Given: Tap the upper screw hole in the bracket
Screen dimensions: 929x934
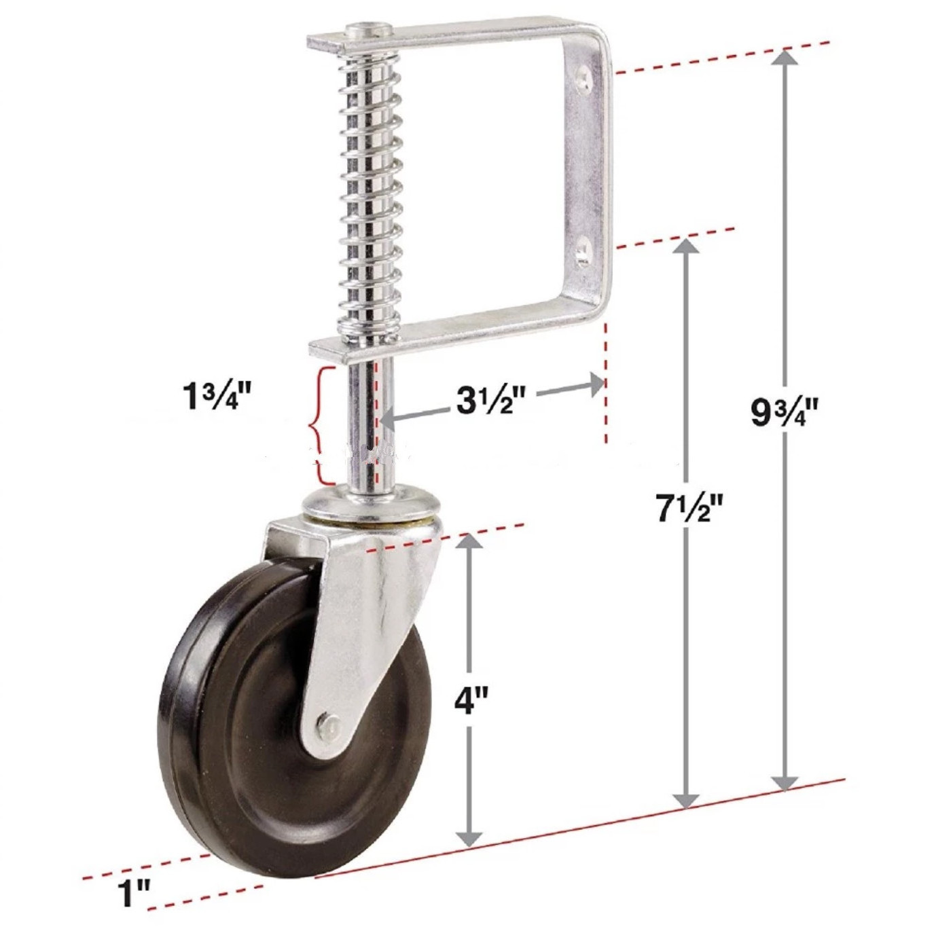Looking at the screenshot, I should pos(583,78).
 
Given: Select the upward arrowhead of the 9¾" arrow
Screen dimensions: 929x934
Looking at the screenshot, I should pos(786,58).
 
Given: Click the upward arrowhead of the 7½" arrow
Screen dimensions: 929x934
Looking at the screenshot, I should pos(687,248).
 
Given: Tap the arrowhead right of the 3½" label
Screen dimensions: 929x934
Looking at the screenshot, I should pos(596,385).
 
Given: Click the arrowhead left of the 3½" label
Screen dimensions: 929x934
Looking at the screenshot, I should pos(387,420).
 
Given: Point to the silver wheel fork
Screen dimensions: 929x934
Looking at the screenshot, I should pos(367,611).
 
